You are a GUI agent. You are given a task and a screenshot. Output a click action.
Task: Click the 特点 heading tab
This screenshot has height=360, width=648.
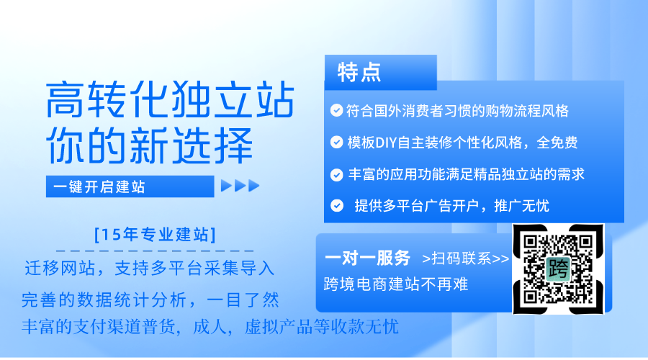[381, 72]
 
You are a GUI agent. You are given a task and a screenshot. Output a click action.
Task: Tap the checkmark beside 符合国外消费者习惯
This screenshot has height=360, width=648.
[336, 110]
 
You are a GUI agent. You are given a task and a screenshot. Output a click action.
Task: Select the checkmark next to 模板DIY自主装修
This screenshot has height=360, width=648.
[336, 142]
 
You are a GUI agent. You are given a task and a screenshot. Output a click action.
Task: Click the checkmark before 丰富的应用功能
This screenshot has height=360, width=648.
[336, 174]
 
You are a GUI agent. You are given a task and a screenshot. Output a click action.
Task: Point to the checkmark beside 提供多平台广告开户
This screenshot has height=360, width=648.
[337, 205]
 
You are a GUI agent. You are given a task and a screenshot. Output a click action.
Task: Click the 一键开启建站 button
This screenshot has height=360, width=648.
[130, 186]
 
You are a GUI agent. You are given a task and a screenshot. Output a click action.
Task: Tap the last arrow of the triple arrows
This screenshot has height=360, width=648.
[253, 186]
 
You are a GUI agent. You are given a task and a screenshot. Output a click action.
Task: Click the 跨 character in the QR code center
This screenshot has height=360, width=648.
[558, 269]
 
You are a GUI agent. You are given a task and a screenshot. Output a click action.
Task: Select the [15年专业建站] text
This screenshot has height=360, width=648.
[156, 234]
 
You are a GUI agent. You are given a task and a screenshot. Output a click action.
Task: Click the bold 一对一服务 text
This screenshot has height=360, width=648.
[367, 258]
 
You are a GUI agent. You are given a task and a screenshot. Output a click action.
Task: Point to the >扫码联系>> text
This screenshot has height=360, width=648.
[466, 258]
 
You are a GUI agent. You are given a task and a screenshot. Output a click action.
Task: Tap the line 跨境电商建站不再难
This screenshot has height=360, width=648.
[396, 284]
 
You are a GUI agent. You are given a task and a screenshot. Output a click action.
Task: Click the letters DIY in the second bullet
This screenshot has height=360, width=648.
[386, 143]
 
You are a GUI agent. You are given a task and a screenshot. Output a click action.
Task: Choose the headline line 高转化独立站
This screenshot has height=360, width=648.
[170, 99]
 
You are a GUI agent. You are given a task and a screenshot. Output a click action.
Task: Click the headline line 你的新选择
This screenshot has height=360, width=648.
[149, 145]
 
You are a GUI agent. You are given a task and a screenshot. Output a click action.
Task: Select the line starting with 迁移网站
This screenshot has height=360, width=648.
[150, 269]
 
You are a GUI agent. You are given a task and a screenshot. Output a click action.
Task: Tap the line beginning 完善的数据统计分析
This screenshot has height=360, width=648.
[150, 300]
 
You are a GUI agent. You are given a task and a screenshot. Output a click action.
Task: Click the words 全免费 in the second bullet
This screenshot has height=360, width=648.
[557, 143]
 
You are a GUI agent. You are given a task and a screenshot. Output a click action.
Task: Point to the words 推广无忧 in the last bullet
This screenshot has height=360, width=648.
[521, 205]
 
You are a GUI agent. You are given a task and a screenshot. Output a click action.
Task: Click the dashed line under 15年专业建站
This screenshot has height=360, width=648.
[155, 251]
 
